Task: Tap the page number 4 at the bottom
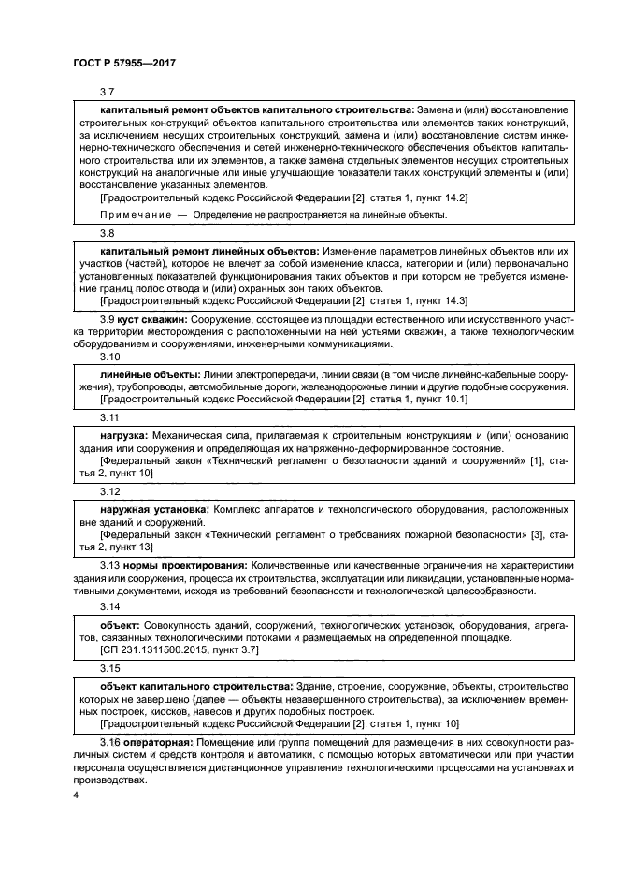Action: [77, 795]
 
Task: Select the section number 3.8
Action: [108, 233]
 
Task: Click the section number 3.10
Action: [110, 357]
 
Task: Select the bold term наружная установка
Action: [154, 509]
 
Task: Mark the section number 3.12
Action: [110, 491]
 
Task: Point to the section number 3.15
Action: [110, 669]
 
